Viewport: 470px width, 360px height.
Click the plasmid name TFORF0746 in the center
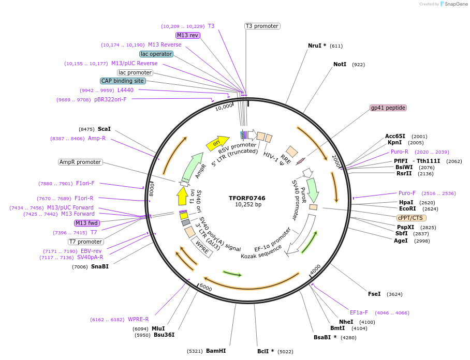[x=247, y=198]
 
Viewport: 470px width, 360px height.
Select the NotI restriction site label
[x=340, y=65]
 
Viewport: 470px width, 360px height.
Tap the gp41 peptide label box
[x=388, y=108]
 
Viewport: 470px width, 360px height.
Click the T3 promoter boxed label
[x=262, y=26]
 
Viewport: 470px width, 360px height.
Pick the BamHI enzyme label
[x=216, y=351]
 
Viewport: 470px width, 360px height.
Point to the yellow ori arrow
[x=217, y=143]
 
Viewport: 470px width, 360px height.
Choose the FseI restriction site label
[x=374, y=294]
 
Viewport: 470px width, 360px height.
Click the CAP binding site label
[x=123, y=81]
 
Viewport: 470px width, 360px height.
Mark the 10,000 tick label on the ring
[x=224, y=107]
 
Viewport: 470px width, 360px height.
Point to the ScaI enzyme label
[x=104, y=129]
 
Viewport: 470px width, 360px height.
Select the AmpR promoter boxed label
[x=80, y=162]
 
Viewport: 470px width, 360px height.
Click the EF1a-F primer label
[x=359, y=312]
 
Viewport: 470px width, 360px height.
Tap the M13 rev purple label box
[x=187, y=35]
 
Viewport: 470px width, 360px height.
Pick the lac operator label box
[x=156, y=54]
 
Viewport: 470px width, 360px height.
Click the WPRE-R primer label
[x=138, y=319]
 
